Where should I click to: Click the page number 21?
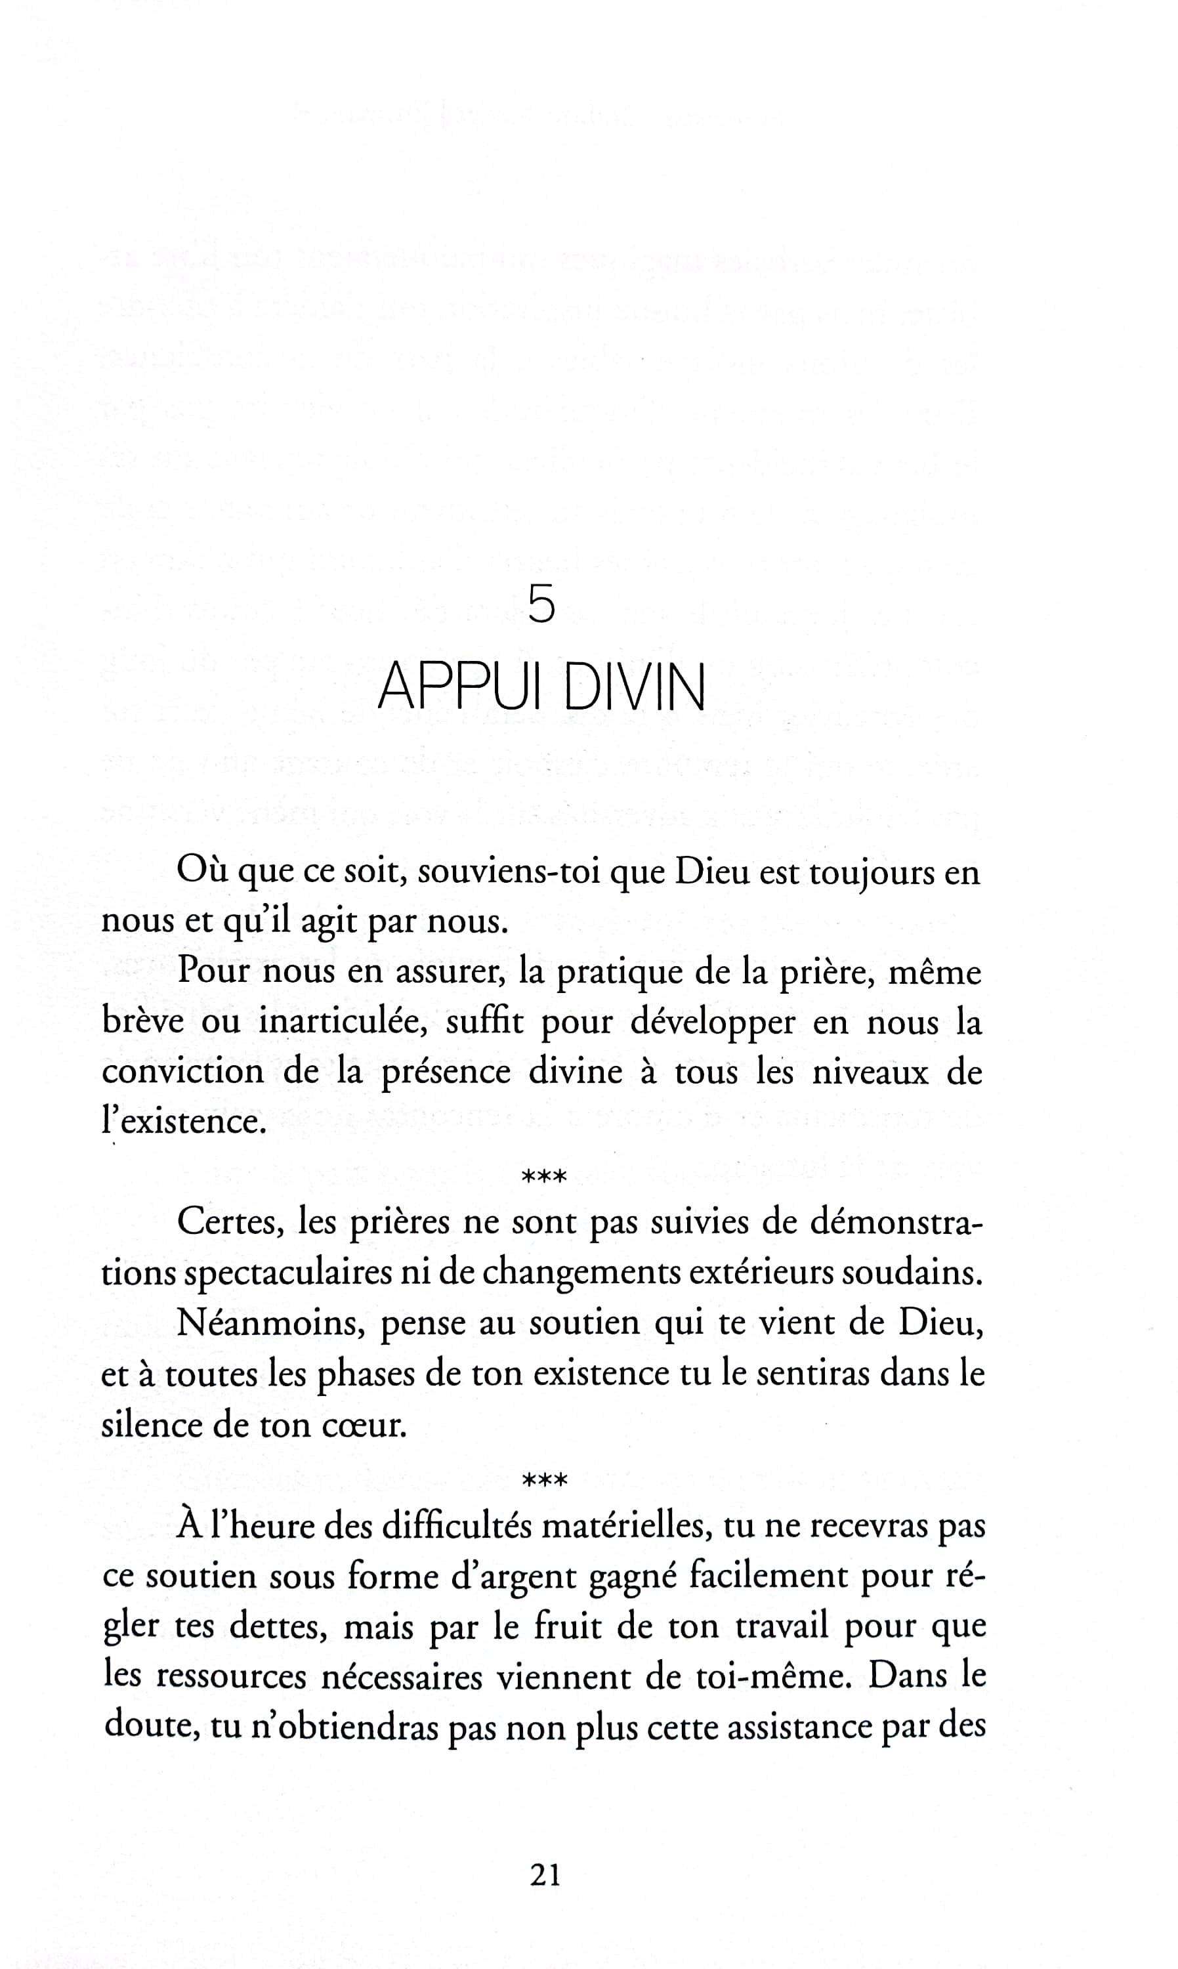pos(545,1874)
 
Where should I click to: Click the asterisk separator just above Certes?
pos(544,1176)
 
